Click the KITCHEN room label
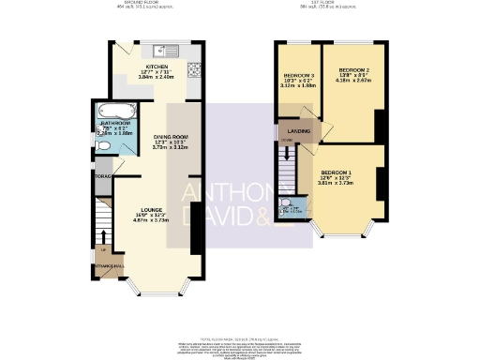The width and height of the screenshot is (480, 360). coord(157,67)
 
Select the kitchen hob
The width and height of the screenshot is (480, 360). coord(194,68)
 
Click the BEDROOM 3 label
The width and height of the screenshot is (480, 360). coord(299,74)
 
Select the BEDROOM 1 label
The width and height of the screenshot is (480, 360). coord(337,173)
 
